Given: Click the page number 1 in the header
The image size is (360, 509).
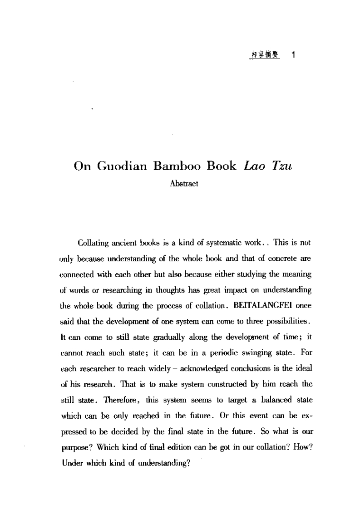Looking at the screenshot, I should click(293, 55).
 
